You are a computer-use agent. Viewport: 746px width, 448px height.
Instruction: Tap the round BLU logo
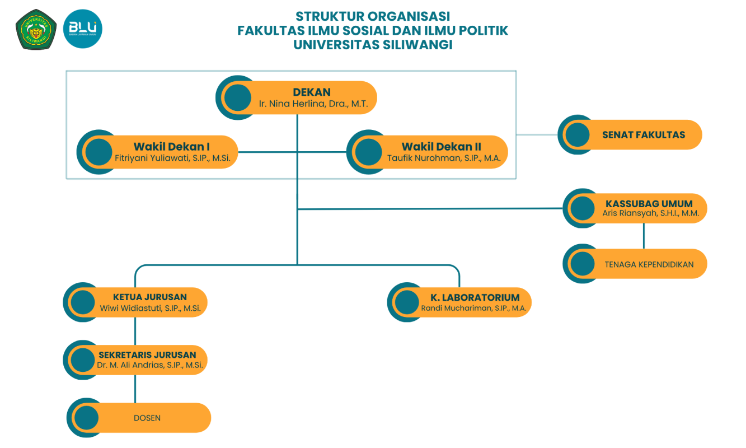point(83,29)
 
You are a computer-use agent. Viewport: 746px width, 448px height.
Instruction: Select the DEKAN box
point(312,97)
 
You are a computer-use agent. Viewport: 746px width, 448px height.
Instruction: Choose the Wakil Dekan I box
point(172,152)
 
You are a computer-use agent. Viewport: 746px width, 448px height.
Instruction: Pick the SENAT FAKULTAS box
point(643,135)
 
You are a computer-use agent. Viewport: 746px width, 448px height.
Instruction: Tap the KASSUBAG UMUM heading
point(649,204)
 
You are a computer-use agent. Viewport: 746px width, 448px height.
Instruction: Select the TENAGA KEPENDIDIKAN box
point(649,264)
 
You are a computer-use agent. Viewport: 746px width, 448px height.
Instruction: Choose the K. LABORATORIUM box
point(475,302)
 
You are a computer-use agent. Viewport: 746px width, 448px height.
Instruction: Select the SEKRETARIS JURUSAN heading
point(147,355)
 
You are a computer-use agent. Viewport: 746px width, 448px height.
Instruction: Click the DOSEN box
point(147,418)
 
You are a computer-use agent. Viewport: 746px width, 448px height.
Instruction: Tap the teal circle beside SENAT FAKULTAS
point(577,135)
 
